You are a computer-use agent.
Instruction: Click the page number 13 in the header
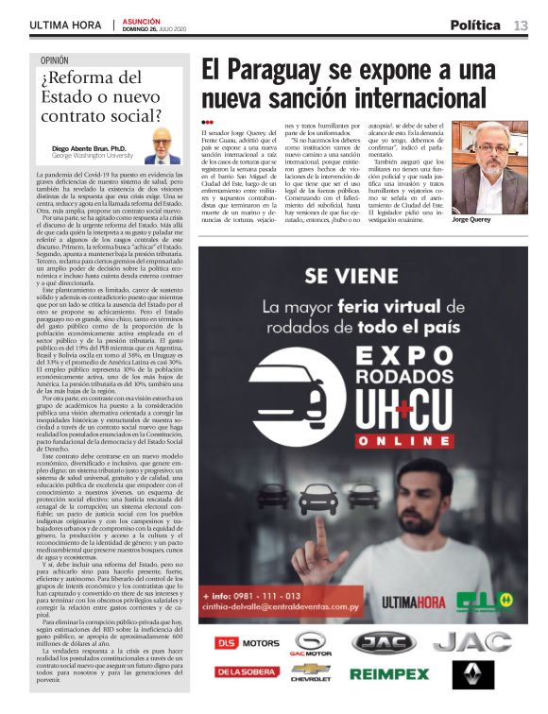tap(521, 25)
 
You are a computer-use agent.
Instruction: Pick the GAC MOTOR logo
tap(309, 644)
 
